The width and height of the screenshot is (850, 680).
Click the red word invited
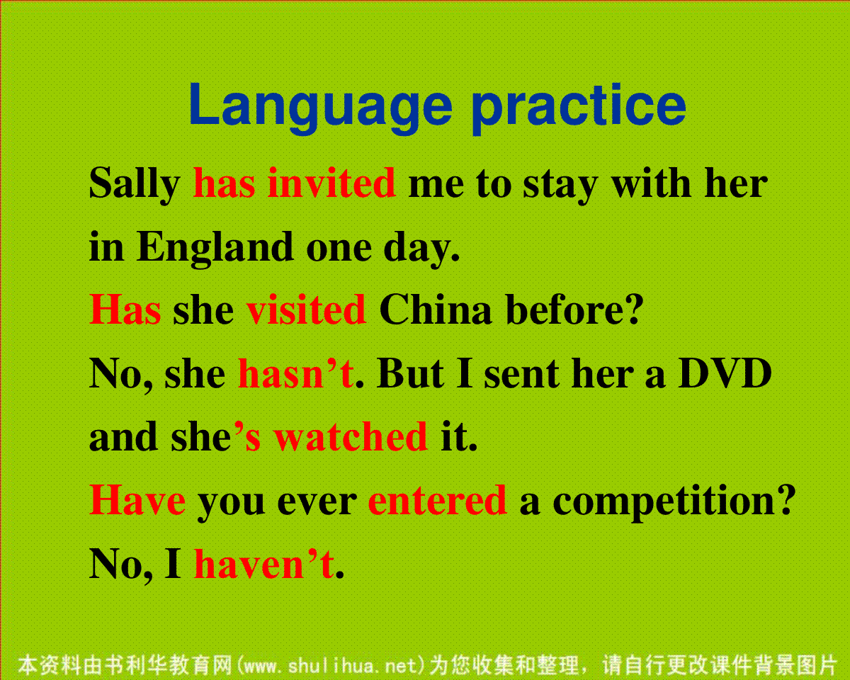pos(331,182)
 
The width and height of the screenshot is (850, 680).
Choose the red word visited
pos(306,309)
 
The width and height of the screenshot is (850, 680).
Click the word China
pos(435,309)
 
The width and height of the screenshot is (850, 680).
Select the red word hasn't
pos(296,373)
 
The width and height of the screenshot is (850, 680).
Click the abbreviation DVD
pos(725,373)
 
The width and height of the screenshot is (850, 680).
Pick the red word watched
pos(351,436)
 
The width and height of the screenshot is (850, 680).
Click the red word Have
pos(137,500)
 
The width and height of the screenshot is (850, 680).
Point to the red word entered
pos(437,501)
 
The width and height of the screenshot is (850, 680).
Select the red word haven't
pos(264,563)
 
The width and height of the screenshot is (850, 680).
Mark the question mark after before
pos(633,309)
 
